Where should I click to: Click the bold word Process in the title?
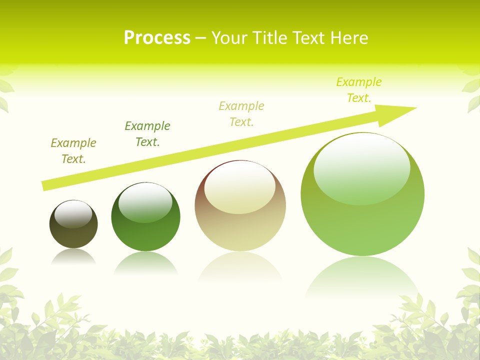tap(157, 38)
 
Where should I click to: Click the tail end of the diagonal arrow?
tap(45, 185)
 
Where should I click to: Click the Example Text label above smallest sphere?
tap(73, 151)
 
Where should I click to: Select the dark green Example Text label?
tap(147, 134)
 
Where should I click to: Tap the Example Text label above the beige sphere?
tap(241, 114)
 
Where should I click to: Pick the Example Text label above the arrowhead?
tap(359, 90)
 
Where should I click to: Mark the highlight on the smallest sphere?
tap(73, 214)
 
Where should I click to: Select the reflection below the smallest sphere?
tap(73, 256)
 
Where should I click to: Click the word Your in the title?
tap(228, 38)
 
